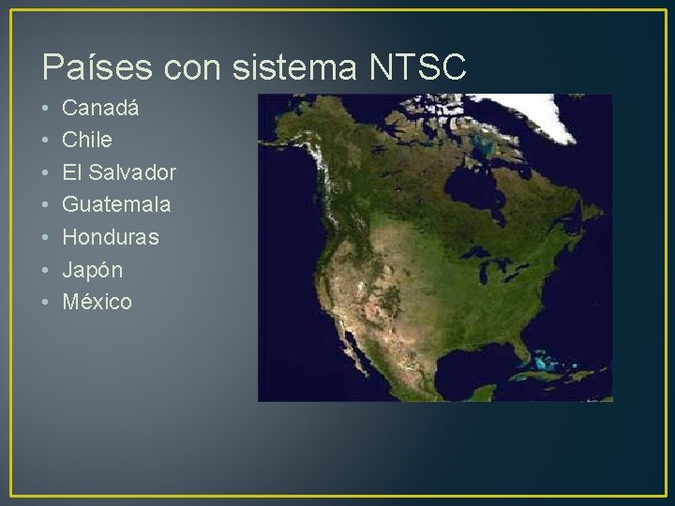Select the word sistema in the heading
[x=298, y=67]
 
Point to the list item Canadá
[x=100, y=108]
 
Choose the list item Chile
[x=87, y=141]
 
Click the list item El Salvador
[x=119, y=172]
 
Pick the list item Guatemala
[x=116, y=204]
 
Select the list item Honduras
[x=111, y=237]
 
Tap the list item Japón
[x=92, y=270]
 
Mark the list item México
[x=97, y=302]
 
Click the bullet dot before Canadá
[x=46, y=109]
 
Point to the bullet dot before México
[x=46, y=303]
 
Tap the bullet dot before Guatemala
[x=46, y=205]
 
